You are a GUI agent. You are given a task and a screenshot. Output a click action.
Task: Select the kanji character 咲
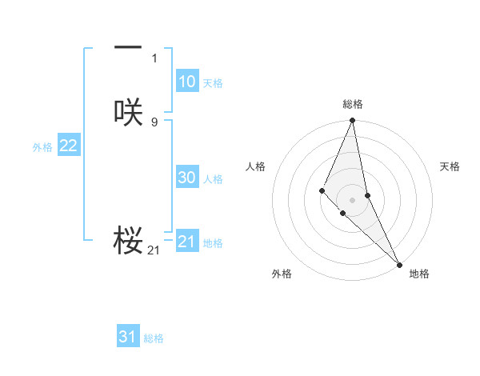point(128,113)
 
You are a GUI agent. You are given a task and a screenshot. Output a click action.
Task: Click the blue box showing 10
point(186,82)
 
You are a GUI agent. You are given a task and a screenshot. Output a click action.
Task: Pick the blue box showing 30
point(186,178)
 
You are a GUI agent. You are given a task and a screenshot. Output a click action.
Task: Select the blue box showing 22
point(68,146)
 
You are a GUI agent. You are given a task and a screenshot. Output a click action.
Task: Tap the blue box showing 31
point(128,337)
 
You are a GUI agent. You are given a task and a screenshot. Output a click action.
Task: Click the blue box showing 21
point(186,242)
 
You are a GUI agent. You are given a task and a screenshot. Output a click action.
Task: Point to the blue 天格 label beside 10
point(213,83)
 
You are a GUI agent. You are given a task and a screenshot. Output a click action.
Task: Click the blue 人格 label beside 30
point(213,179)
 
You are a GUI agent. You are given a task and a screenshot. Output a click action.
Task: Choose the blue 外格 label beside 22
point(42,147)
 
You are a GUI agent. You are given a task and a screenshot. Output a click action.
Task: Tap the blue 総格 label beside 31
point(154,338)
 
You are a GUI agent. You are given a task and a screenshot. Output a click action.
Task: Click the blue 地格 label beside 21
point(213,243)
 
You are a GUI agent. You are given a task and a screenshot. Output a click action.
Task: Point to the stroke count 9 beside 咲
point(154,122)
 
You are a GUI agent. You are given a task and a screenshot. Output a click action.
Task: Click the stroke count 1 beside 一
point(154,58)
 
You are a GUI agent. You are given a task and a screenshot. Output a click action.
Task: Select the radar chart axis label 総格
point(353,104)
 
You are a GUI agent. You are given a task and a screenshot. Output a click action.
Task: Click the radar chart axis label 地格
point(419,274)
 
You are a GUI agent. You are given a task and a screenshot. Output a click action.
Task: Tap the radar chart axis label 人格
point(256,166)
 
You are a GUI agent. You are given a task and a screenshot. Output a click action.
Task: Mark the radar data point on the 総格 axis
point(353,121)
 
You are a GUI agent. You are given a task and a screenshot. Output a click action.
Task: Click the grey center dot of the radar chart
point(353,199)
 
